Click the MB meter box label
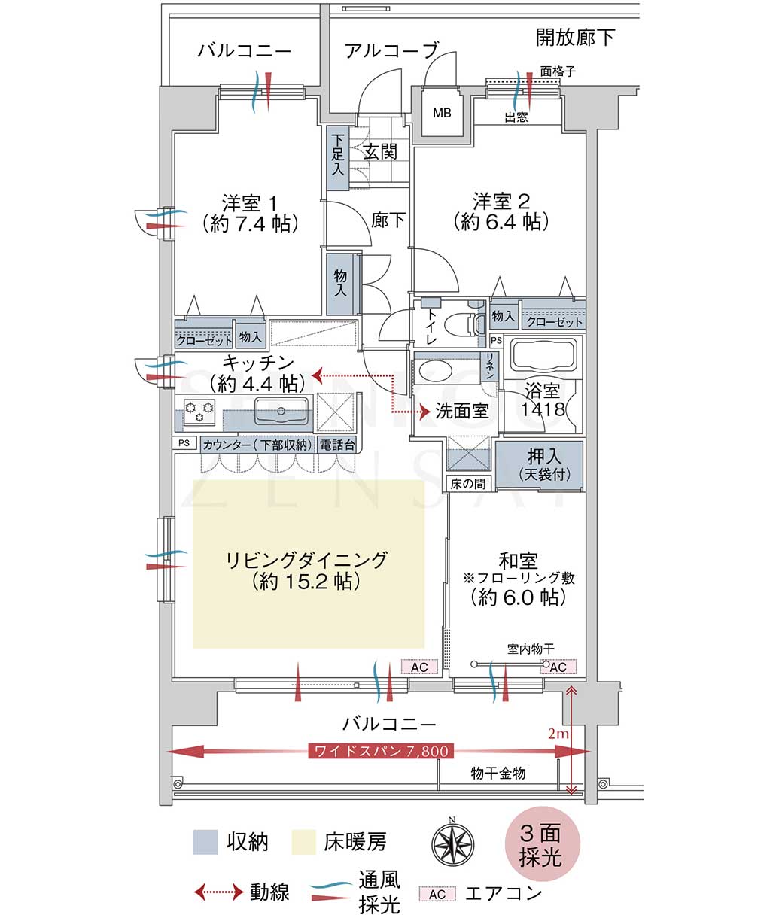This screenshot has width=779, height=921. click(x=442, y=113)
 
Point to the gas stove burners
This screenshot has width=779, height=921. click(x=199, y=411)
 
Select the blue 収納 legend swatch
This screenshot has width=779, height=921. click(x=205, y=842)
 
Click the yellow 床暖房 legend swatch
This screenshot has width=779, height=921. click(x=304, y=842)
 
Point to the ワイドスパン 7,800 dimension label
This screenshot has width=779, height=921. click(x=381, y=751)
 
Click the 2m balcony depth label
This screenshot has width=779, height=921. click(x=558, y=733)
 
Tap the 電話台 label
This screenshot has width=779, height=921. click(x=337, y=445)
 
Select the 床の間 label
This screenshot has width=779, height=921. click(x=467, y=483)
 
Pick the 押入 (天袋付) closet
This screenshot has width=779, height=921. click(x=539, y=466)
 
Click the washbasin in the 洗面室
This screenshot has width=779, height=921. click(x=435, y=371)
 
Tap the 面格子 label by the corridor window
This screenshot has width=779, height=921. click(x=558, y=71)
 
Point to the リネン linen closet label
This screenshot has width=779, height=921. click(x=490, y=366)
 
